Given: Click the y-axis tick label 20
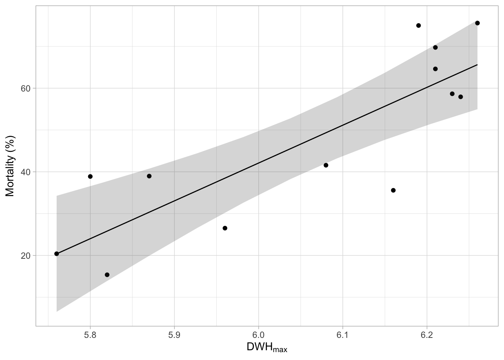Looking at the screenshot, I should click(26, 255).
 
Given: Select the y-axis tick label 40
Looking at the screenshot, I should click(26, 172).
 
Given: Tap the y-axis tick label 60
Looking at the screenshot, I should click(26, 88).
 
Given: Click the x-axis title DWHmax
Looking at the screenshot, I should click(267, 348).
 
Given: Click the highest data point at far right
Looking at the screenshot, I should click(477, 23).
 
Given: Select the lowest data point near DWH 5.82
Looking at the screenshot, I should click(107, 274).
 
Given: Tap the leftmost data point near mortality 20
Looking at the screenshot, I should click(57, 253).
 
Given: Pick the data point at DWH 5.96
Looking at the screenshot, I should click(225, 228).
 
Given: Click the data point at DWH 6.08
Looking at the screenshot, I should click(326, 165).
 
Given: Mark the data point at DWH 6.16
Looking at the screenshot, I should click(393, 190).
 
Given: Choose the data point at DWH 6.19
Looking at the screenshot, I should click(418, 25).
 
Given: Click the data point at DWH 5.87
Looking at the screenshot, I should click(149, 176).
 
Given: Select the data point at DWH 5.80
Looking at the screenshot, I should click(90, 176).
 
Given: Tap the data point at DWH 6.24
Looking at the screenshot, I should click(460, 97).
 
